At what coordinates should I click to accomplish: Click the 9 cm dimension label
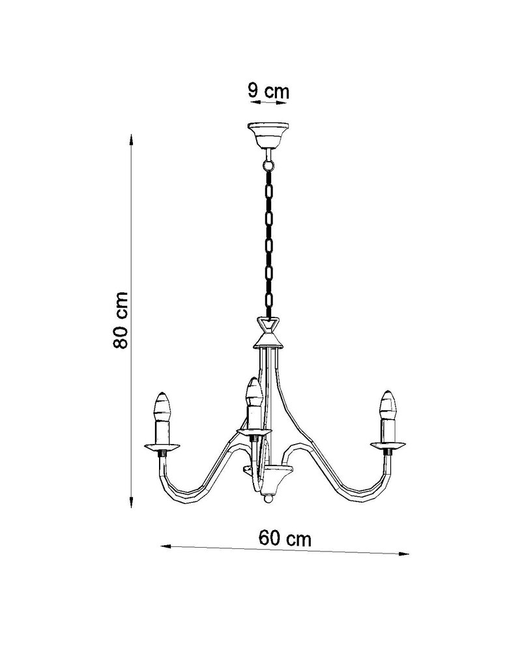(268, 91)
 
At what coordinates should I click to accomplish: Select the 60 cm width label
(285, 539)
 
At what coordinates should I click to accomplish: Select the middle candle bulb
(252, 392)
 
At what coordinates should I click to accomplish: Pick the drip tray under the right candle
(389, 446)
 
